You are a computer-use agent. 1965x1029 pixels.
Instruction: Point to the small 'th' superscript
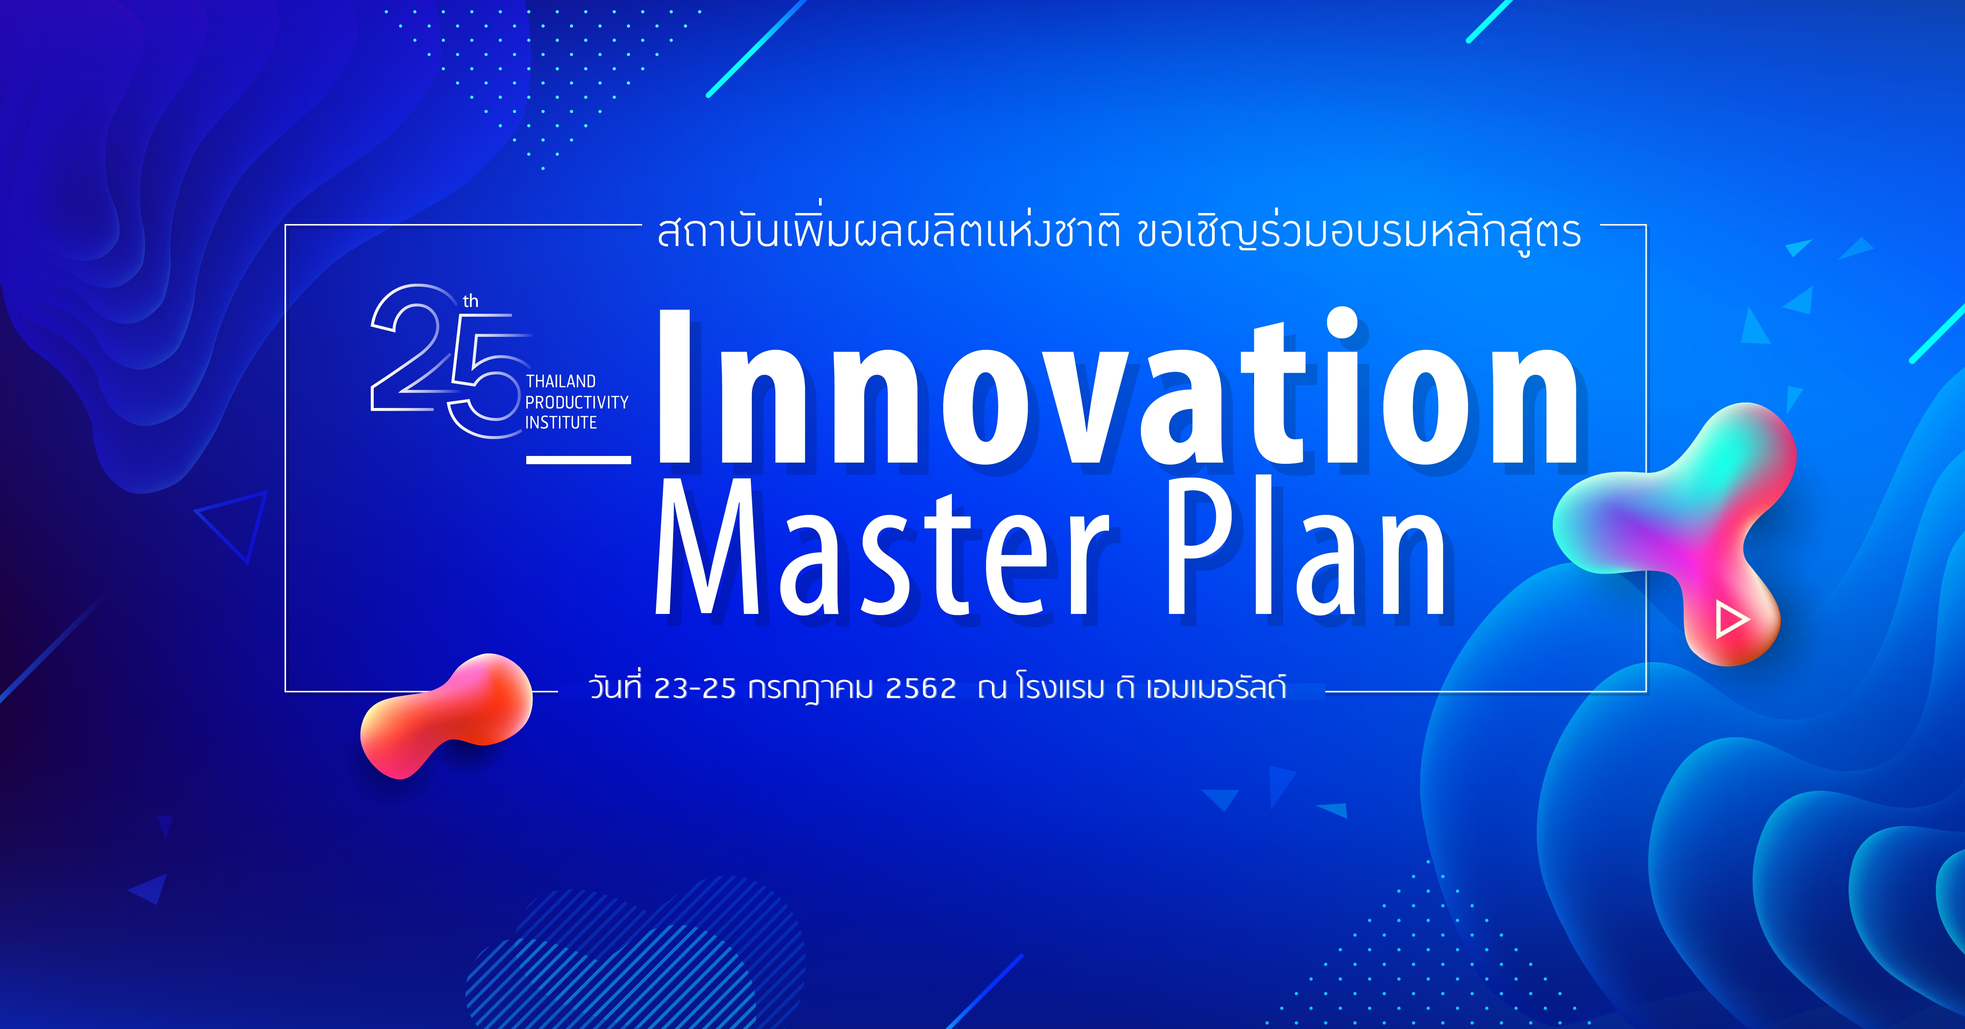pos(471,301)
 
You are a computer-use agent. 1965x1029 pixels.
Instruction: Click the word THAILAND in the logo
pos(561,381)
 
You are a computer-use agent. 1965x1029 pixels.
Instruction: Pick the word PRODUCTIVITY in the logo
pos(577,402)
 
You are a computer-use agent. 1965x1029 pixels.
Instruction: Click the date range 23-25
pos(694,689)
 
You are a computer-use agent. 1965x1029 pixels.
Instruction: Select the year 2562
pos(921,689)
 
